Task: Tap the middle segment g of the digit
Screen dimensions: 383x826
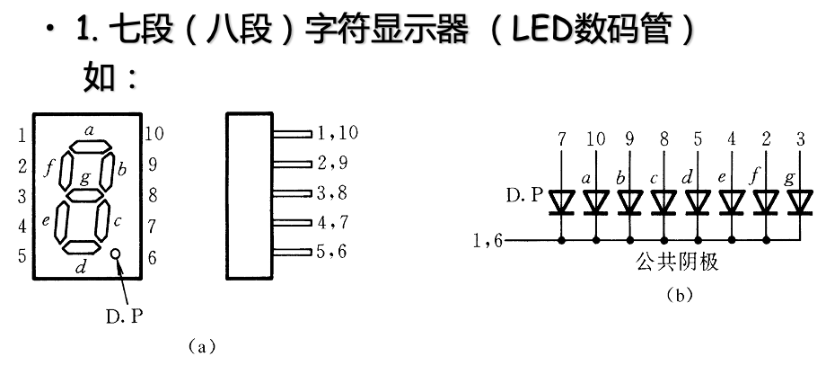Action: tap(85, 192)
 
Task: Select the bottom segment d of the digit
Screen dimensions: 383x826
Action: tap(81, 245)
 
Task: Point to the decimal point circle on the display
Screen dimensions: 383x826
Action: tap(115, 255)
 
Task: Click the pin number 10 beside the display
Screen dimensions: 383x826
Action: tap(154, 135)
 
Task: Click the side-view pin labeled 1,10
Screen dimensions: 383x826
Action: tap(293, 133)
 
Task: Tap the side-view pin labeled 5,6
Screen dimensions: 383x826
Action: tap(293, 252)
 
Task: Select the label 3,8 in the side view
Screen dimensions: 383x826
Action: tap(337, 192)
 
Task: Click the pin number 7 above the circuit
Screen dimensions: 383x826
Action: tap(562, 139)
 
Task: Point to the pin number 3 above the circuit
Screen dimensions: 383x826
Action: tap(800, 139)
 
